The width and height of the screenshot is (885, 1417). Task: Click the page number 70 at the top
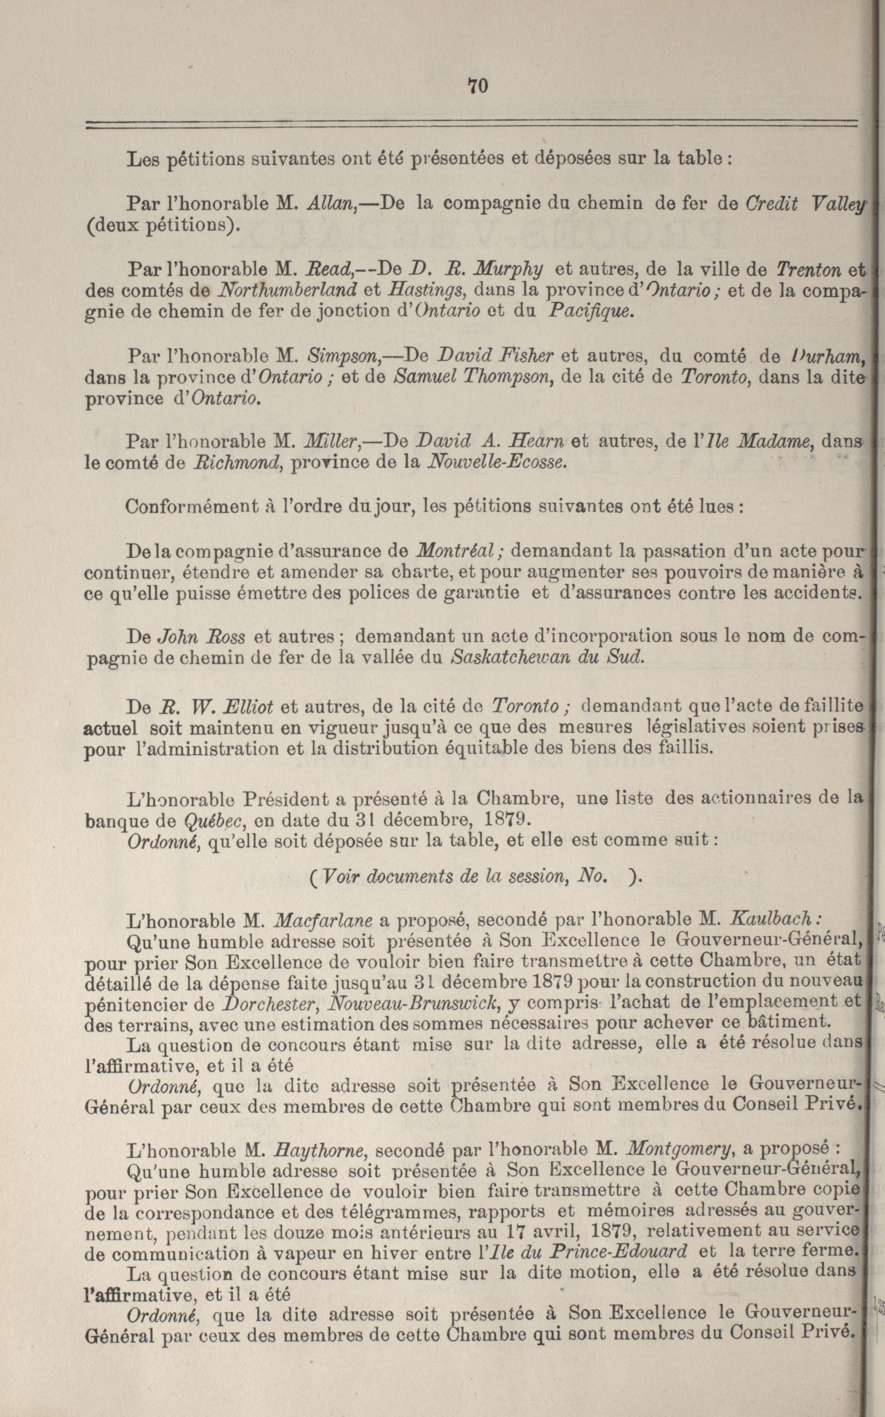pos(477,86)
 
